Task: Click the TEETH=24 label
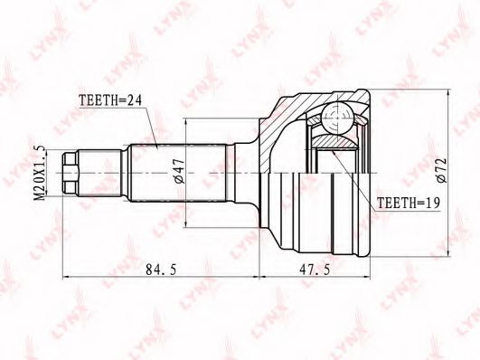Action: (110, 100)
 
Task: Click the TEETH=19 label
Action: (408, 203)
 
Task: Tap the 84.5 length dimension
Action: (161, 270)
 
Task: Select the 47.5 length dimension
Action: (315, 270)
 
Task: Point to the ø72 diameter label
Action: (442, 171)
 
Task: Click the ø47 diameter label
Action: (180, 171)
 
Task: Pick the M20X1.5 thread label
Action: (40, 174)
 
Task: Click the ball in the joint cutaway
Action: (337, 118)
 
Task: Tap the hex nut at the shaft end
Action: (70, 174)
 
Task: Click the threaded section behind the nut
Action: (99, 174)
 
